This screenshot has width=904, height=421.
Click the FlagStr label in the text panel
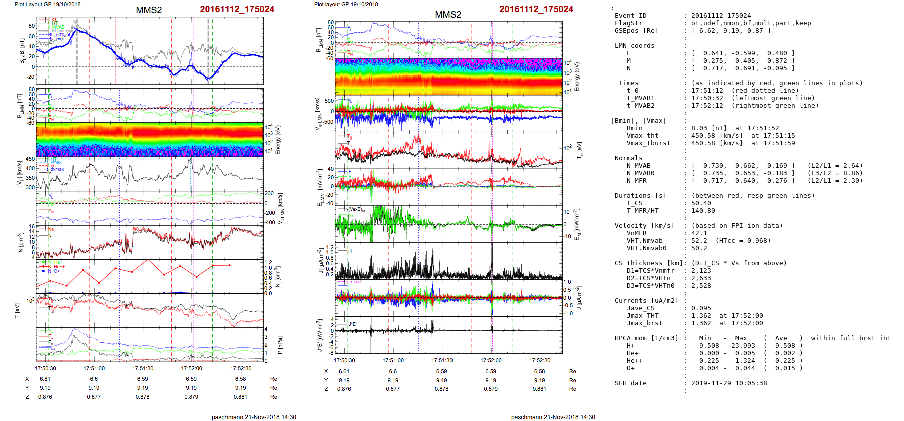pyautogui.click(x=628, y=23)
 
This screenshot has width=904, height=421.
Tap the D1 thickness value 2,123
pyautogui.click(x=701, y=271)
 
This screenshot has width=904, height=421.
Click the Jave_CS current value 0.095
pyautogui.click(x=701, y=308)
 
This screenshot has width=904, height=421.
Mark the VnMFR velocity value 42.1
pyautogui.click(x=699, y=233)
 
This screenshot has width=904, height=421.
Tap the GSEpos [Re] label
pyautogui.click(x=636, y=31)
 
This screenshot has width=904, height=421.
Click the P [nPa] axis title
pyautogui.click(x=280, y=345)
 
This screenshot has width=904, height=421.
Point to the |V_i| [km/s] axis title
pyautogui.click(x=20, y=174)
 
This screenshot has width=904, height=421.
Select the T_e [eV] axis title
pyautogui.click(x=579, y=150)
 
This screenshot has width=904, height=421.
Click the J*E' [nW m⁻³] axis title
pyautogui.click(x=319, y=335)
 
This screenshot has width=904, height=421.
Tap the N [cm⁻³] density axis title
pyautogui.click(x=20, y=242)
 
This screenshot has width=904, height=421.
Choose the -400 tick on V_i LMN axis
pyautogui.click(x=270, y=222)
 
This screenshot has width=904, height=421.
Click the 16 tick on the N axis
pyautogui.click(x=32, y=226)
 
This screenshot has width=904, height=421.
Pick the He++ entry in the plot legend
pyautogui.click(x=59, y=267)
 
